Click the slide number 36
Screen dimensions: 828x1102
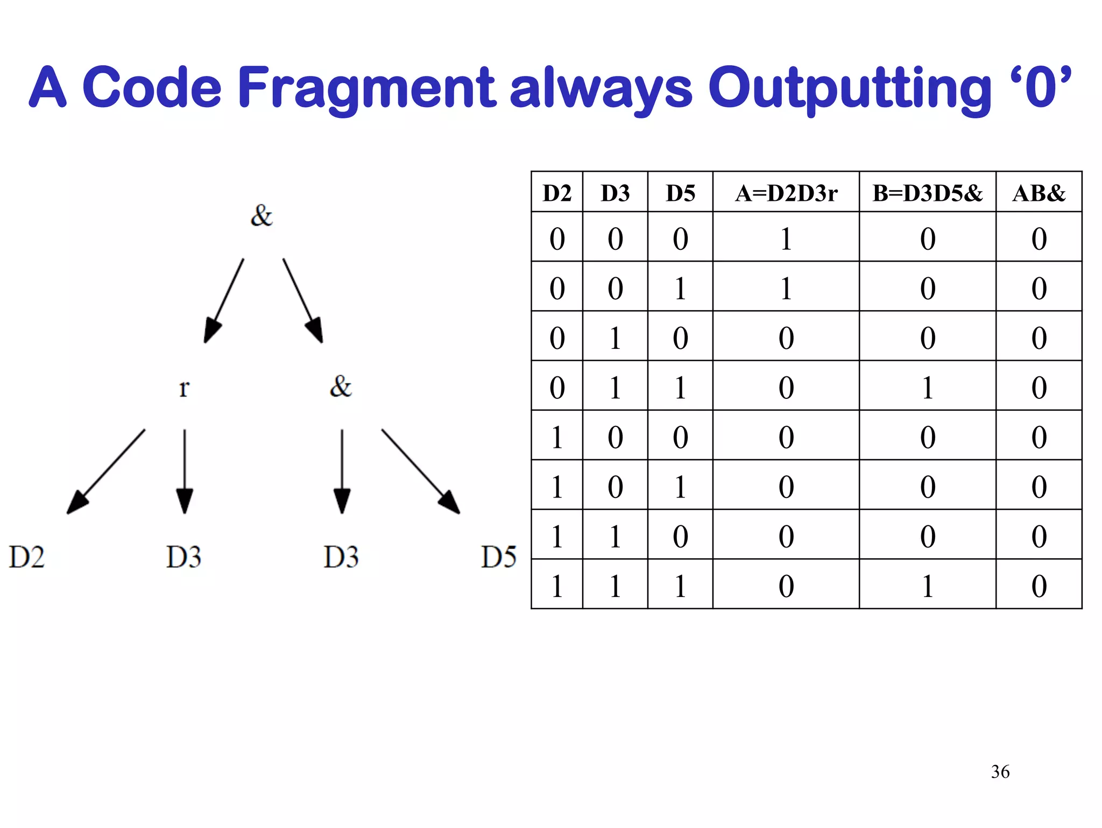[x=1000, y=771]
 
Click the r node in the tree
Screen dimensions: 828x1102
[x=184, y=387]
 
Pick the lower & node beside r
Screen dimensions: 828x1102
[x=341, y=386]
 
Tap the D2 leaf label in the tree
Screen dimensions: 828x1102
[x=26, y=557]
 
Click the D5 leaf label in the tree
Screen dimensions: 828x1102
[x=498, y=557]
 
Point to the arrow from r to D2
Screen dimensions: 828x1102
[x=106, y=472]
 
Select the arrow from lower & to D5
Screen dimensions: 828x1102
[x=421, y=472]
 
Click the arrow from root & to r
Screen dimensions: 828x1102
[x=224, y=300]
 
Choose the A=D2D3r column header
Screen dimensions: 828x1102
[x=786, y=193]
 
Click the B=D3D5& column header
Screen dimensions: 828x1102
[x=927, y=193]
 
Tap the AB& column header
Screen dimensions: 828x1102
[x=1039, y=193]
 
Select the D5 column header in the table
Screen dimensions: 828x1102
[x=680, y=193]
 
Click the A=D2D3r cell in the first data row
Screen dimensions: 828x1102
[x=786, y=238]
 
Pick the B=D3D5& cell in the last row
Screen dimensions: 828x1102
[x=927, y=585]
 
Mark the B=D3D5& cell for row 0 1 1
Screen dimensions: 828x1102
[x=927, y=387]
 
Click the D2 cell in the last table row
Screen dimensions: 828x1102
[x=557, y=585]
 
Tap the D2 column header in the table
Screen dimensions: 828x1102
[x=557, y=193]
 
